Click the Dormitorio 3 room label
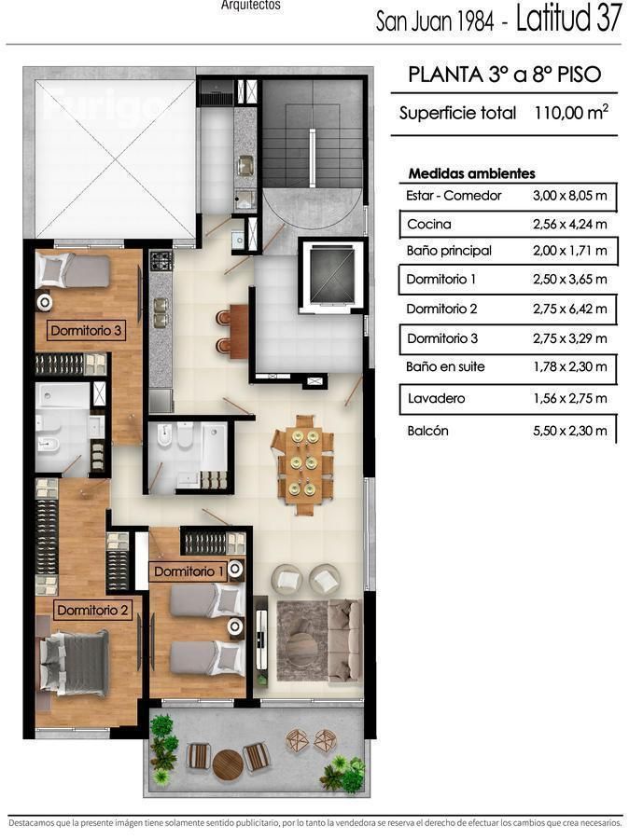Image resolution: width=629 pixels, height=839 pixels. click(86, 330)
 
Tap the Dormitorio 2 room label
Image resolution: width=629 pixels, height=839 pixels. click(92, 610)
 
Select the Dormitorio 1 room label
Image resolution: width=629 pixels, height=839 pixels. click(189, 571)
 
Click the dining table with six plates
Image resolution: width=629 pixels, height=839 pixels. click(302, 463)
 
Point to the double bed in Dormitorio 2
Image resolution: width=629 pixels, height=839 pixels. click(74, 664)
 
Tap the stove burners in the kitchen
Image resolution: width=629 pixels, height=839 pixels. click(161, 261)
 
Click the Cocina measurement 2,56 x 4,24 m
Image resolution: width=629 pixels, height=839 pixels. click(570, 224)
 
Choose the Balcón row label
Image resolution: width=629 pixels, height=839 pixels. click(427, 431)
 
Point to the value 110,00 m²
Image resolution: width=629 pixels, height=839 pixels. click(571, 113)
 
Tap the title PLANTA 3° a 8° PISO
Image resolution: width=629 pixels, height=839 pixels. click(505, 75)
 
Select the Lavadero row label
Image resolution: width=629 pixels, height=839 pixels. click(436, 398)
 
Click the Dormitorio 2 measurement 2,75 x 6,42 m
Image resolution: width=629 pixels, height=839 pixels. click(570, 309)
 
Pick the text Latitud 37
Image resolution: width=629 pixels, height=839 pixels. click(568, 18)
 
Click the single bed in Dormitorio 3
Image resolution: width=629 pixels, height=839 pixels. click(73, 270)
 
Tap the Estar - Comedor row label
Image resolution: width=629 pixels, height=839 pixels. click(454, 196)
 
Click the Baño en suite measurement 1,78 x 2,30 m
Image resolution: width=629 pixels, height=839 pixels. click(570, 366)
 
